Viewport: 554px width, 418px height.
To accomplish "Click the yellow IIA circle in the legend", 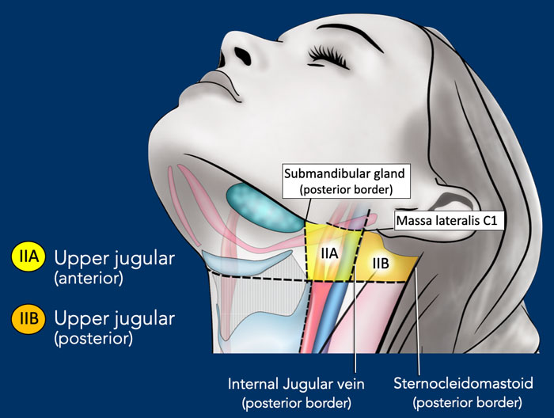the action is tap(28, 257).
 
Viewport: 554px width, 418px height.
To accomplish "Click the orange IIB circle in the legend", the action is tap(28, 318).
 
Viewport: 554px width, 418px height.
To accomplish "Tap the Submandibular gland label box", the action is tap(347, 181).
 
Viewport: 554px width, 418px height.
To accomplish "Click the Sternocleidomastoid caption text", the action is tap(463, 393).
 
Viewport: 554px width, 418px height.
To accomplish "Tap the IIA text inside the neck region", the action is tap(329, 253).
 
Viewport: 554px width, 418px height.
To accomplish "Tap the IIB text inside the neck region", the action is tap(381, 264).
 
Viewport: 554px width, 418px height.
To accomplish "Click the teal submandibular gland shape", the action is tap(264, 208).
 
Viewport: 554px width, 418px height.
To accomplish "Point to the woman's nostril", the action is tap(242, 55).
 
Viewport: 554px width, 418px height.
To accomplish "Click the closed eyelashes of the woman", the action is tap(327, 55).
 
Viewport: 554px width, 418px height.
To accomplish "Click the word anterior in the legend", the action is tap(89, 279).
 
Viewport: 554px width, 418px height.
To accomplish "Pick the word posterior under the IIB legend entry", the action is tap(93, 339).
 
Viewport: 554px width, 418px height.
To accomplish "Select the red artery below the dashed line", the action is tap(316, 314).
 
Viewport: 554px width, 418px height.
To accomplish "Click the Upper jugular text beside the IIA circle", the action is tap(115, 259).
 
